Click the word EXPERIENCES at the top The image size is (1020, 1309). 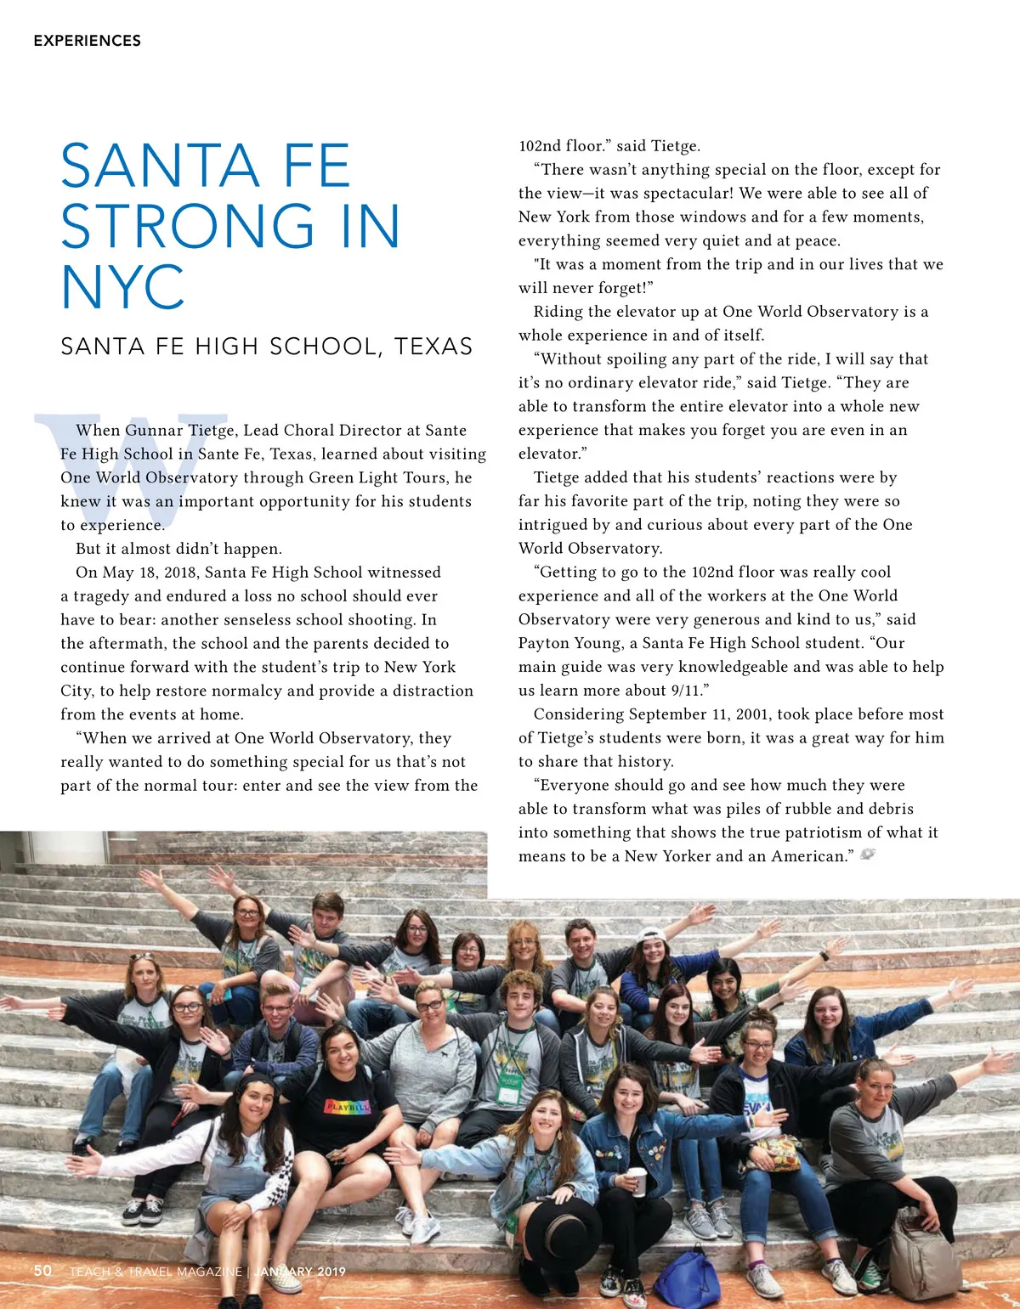pyautogui.click(x=87, y=41)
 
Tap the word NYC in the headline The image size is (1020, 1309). pyautogui.click(x=123, y=287)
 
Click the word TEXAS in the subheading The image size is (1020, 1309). pyautogui.click(x=433, y=347)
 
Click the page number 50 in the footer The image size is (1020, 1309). pyautogui.click(x=42, y=1271)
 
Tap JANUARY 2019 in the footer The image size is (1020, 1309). pyautogui.click(x=299, y=1272)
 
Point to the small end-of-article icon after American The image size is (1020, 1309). pyautogui.click(x=868, y=855)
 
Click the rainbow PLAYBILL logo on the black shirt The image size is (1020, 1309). pyautogui.click(x=348, y=1107)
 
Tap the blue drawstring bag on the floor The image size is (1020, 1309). pyautogui.click(x=687, y=1279)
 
